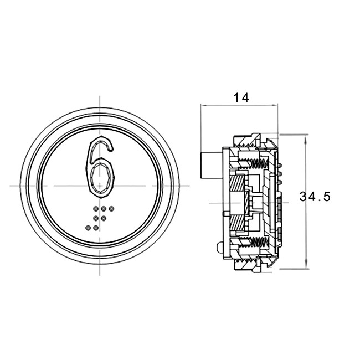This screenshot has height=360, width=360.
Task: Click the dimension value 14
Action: [241, 98]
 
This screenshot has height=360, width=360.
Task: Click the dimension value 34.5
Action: [315, 197]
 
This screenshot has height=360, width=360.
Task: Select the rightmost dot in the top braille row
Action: [111, 208]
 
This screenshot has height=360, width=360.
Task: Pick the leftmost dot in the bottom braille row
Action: [88, 228]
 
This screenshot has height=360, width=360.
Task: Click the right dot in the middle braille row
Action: [104, 218]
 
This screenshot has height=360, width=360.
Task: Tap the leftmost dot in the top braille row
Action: [96, 208]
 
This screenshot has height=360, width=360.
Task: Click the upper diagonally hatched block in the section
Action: [237, 183]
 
